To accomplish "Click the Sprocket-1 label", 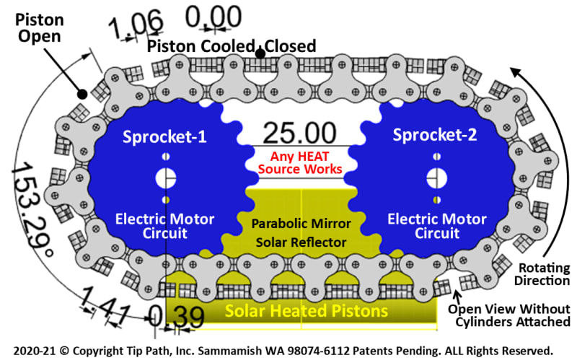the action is (165, 136).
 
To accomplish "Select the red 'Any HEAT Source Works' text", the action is (299, 162).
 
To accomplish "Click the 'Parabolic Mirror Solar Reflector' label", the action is (299, 232).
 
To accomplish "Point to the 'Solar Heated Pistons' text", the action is (307, 312).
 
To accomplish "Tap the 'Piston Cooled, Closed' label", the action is (232, 46).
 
